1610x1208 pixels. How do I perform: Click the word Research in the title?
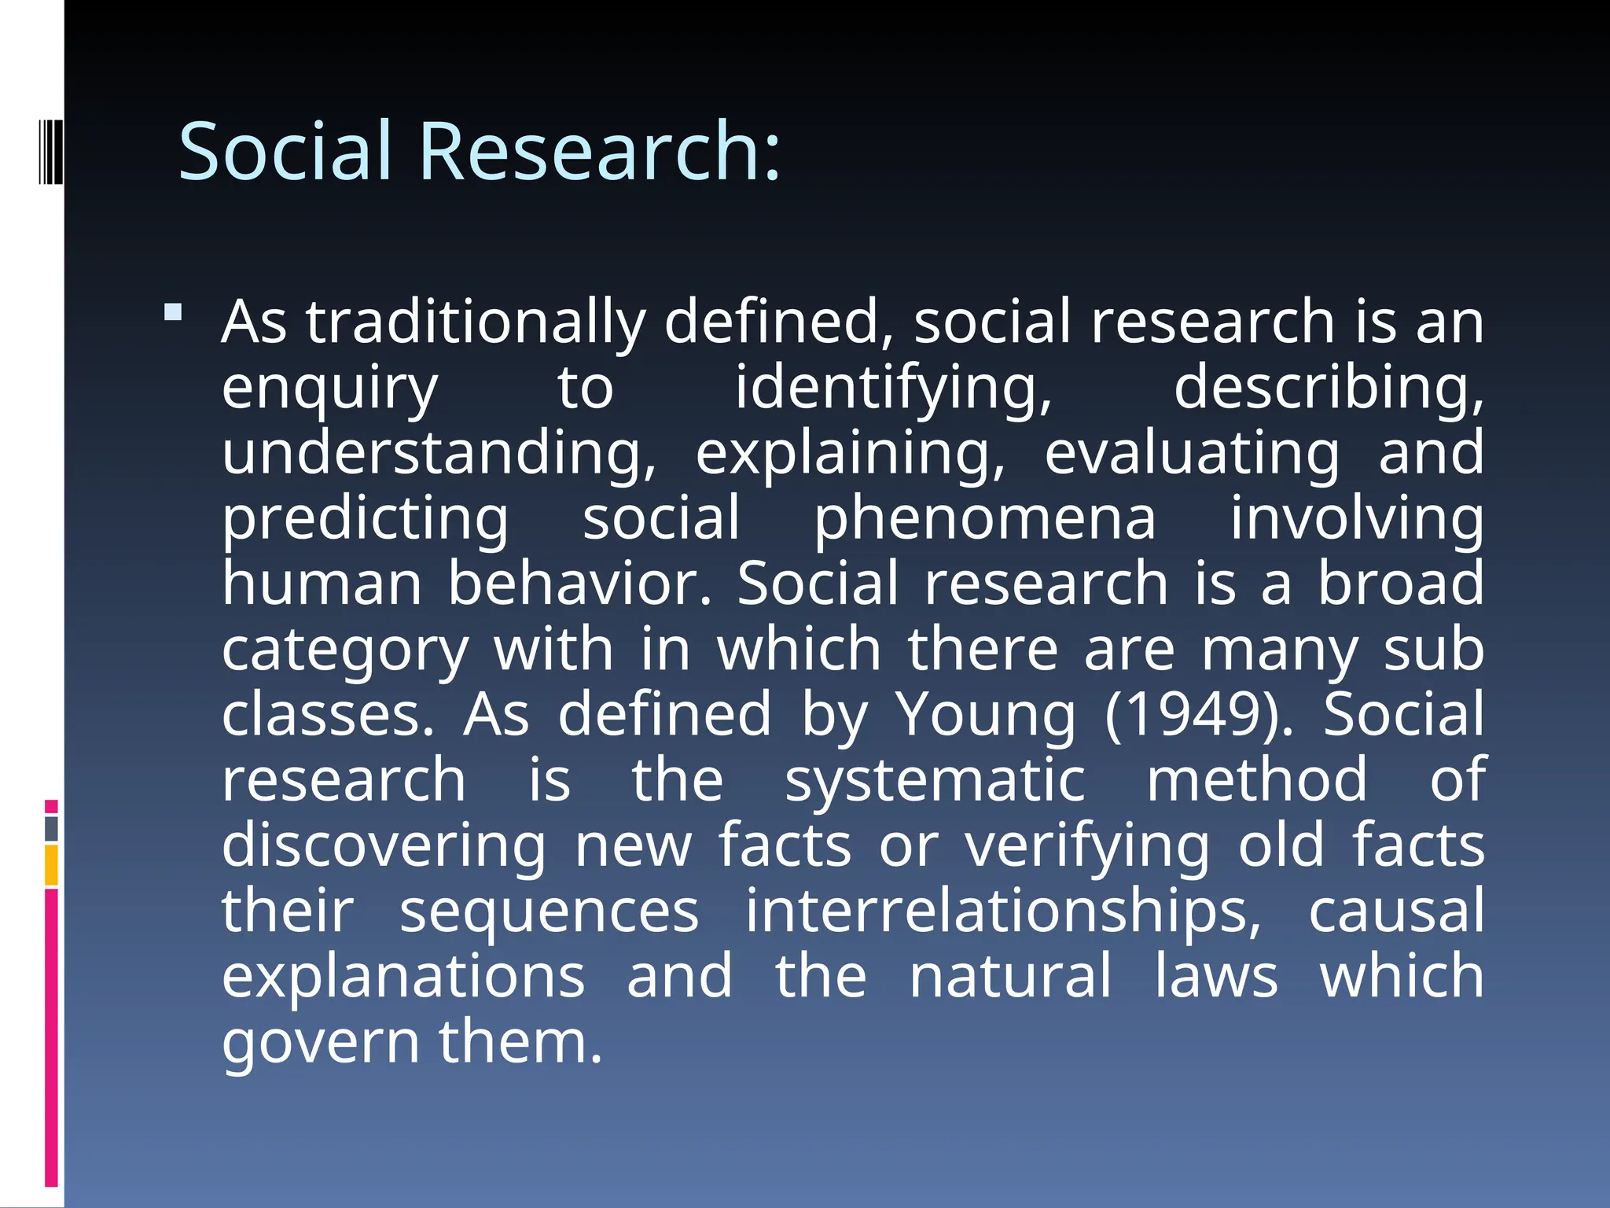click(x=600, y=151)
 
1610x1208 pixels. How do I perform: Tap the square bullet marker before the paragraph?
click(x=173, y=313)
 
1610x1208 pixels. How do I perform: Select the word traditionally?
click(x=476, y=322)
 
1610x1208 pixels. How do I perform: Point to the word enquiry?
click(x=329, y=389)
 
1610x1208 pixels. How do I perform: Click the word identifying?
click(x=893, y=389)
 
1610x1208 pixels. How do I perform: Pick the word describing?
click(x=1329, y=389)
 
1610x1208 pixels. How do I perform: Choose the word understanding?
click(x=439, y=454)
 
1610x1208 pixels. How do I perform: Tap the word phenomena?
click(x=984, y=519)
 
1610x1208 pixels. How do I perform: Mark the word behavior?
click(x=579, y=584)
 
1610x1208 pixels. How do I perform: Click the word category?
click(x=345, y=650)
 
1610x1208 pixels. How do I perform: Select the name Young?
click(x=986, y=716)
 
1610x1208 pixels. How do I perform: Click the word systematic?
click(x=935, y=781)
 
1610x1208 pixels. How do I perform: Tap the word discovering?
click(x=384, y=846)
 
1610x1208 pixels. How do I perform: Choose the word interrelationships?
click(x=1003, y=912)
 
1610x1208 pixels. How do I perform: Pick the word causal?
click(x=1396, y=912)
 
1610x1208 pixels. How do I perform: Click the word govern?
click(x=321, y=1043)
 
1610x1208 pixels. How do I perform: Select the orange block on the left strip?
click(x=51, y=865)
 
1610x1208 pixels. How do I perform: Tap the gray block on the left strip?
click(x=51, y=829)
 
